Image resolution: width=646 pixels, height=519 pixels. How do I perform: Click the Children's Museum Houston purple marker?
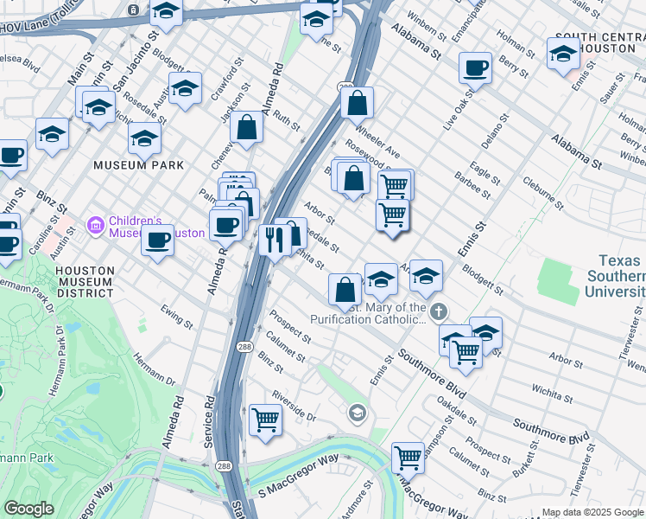tap(95, 227)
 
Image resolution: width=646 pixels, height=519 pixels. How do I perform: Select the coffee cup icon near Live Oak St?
tap(475, 67)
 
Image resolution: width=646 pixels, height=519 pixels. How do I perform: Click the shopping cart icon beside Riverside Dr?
tap(265, 420)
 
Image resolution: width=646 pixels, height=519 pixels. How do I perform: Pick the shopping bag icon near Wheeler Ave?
tap(357, 103)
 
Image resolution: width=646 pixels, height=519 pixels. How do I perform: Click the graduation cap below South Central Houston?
tap(563, 53)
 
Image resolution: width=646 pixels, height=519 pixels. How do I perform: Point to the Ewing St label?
tap(177, 316)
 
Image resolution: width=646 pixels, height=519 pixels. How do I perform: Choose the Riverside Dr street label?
tap(294, 407)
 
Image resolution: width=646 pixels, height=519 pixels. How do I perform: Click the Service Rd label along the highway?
tap(209, 422)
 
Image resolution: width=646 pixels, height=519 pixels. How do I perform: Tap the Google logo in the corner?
tap(28, 509)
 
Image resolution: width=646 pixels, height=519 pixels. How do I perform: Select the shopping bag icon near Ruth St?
tap(247, 128)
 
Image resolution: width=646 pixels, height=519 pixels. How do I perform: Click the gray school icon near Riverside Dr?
tap(357, 414)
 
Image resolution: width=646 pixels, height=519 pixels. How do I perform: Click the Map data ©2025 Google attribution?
tap(592, 512)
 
